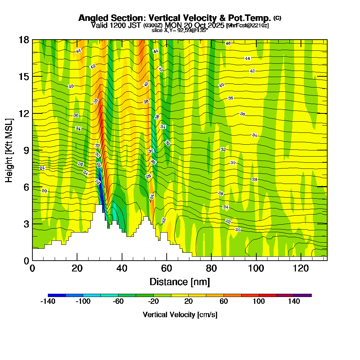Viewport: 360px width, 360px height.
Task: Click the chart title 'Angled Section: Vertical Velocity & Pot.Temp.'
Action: pyautogui.click(x=175, y=18)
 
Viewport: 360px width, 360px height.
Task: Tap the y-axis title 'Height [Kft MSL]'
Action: pyautogui.click(x=9, y=150)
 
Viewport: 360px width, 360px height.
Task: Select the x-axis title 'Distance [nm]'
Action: pyautogui.click(x=180, y=282)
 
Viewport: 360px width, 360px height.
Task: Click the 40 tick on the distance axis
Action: pyautogui.click(x=122, y=269)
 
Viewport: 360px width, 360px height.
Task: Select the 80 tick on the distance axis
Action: pyautogui.click(x=211, y=269)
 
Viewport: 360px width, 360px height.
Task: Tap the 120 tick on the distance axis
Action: pyautogui.click(x=301, y=269)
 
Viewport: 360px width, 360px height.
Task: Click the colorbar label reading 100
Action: pyautogui.click(x=259, y=302)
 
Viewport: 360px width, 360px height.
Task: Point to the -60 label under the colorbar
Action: pyautogui.click(x=118, y=302)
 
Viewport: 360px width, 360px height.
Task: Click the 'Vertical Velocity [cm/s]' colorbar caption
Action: pyautogui.click(x=180, y=315)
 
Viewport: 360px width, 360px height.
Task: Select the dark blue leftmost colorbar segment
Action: pyautogui.click(x=57, y=295)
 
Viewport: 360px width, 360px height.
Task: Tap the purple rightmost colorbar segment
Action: pyautogui.click(x=303, y=295)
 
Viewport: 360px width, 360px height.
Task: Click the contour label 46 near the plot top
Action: pyautogui.click(x=228, y=43)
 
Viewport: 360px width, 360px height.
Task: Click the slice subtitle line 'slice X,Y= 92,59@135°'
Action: pyautogui.click(x=180, y=31)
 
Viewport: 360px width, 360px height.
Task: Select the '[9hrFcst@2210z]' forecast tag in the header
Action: pyautogui.click(x=247, y=26)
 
